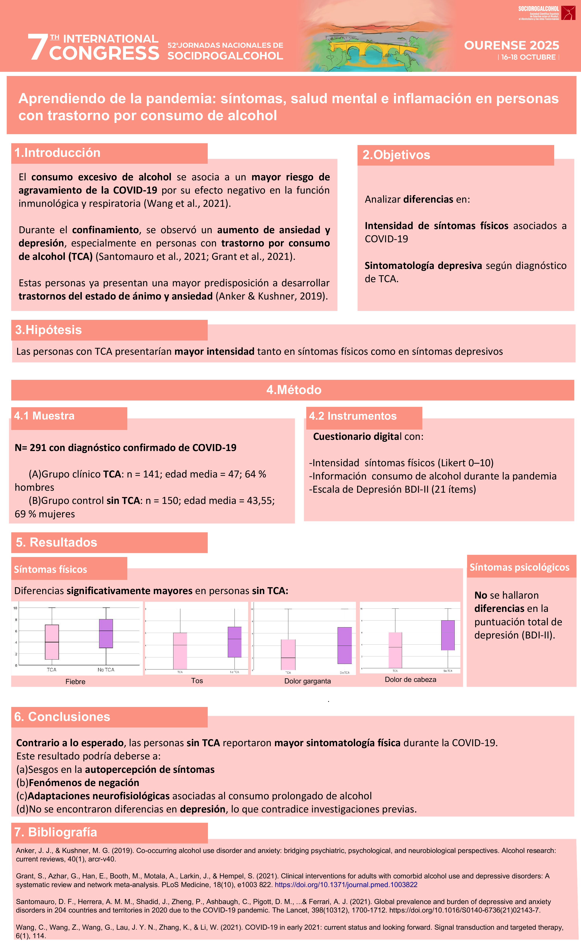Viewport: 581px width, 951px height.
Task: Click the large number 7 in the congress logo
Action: (x=38, y=47)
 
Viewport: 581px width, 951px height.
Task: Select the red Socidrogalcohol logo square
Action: (x=568, y=13)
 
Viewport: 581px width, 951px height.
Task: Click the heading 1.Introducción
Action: (x=57, y=153)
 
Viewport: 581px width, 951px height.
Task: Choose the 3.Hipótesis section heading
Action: (x=48, y=330)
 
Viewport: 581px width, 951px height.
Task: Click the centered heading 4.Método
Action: (x=294, y=390)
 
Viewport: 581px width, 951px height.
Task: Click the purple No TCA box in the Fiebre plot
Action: (x=106, y=633)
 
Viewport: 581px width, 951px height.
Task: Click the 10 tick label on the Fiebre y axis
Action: (x=15, y=608)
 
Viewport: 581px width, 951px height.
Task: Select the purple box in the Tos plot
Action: (x=234, y=642)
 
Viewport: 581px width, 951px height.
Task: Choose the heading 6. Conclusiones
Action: (x=62, y=717)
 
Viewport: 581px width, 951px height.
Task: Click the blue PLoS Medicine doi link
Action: (x=346, y=885)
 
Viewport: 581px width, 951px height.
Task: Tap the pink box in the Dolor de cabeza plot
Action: (x=395, y=650)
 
